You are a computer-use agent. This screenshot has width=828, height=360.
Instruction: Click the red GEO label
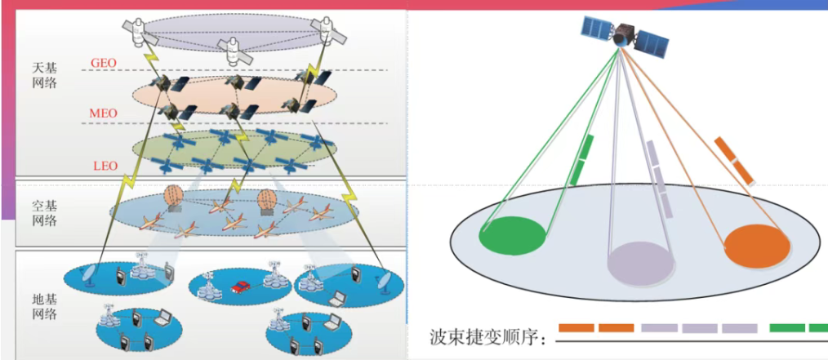(x=104, y=64)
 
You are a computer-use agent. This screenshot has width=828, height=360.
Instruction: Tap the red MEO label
(x=104, y=113)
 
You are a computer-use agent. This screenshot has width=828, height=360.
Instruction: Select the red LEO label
(x=104, y=167)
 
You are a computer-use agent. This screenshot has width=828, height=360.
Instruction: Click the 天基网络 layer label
(x=44, y=75)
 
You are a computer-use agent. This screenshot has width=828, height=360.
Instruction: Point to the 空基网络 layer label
(x=44, y=212)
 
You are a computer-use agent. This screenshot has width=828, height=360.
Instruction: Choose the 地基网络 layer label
(x=44, y=307)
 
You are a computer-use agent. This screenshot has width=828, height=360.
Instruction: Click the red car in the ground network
(x=240, y=287)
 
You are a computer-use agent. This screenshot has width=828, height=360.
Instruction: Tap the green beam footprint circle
(x=512, y=236)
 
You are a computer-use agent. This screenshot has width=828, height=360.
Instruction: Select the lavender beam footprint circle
(x=641, y=264)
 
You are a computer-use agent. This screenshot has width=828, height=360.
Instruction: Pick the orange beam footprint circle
(x=757, y=245)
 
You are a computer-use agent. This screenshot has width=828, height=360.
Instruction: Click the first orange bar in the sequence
(x=576, y=328)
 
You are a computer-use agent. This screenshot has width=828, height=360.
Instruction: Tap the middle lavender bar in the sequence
(x=699, y=328)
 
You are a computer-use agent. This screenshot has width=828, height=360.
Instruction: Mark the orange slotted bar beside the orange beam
(x=734, y=161)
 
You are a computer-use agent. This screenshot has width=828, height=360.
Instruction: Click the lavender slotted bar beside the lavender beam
(x=659, y=180)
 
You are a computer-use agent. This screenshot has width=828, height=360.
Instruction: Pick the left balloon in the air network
(x=174, y=198)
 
